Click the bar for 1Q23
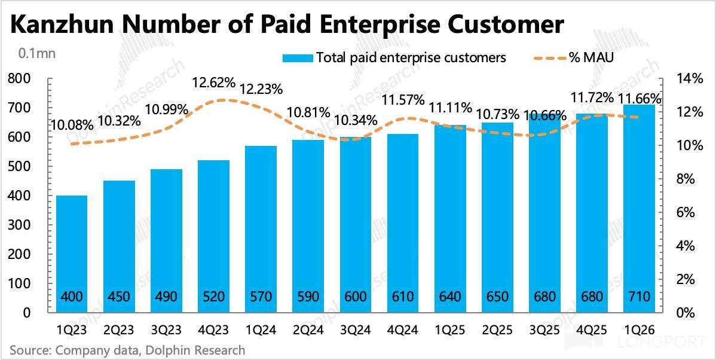coord(72,254)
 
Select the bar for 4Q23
coord(214,237)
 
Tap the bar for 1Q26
coord(639,209)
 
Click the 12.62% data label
coord(214,84)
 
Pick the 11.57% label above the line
coord(405,99)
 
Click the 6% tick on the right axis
coord(684,213)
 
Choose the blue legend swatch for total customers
coord(298,58)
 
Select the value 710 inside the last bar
coord(639,297)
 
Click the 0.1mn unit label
coord(36,53)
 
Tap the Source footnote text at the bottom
coord(127,350)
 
